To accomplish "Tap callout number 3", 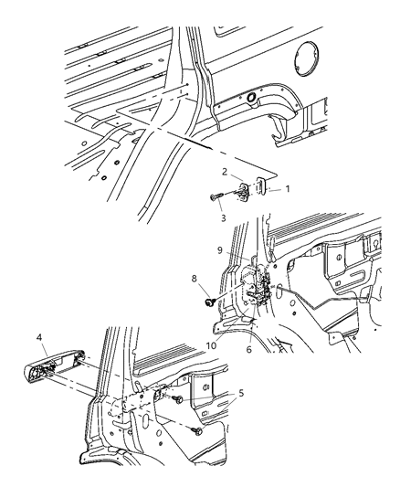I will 222,218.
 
